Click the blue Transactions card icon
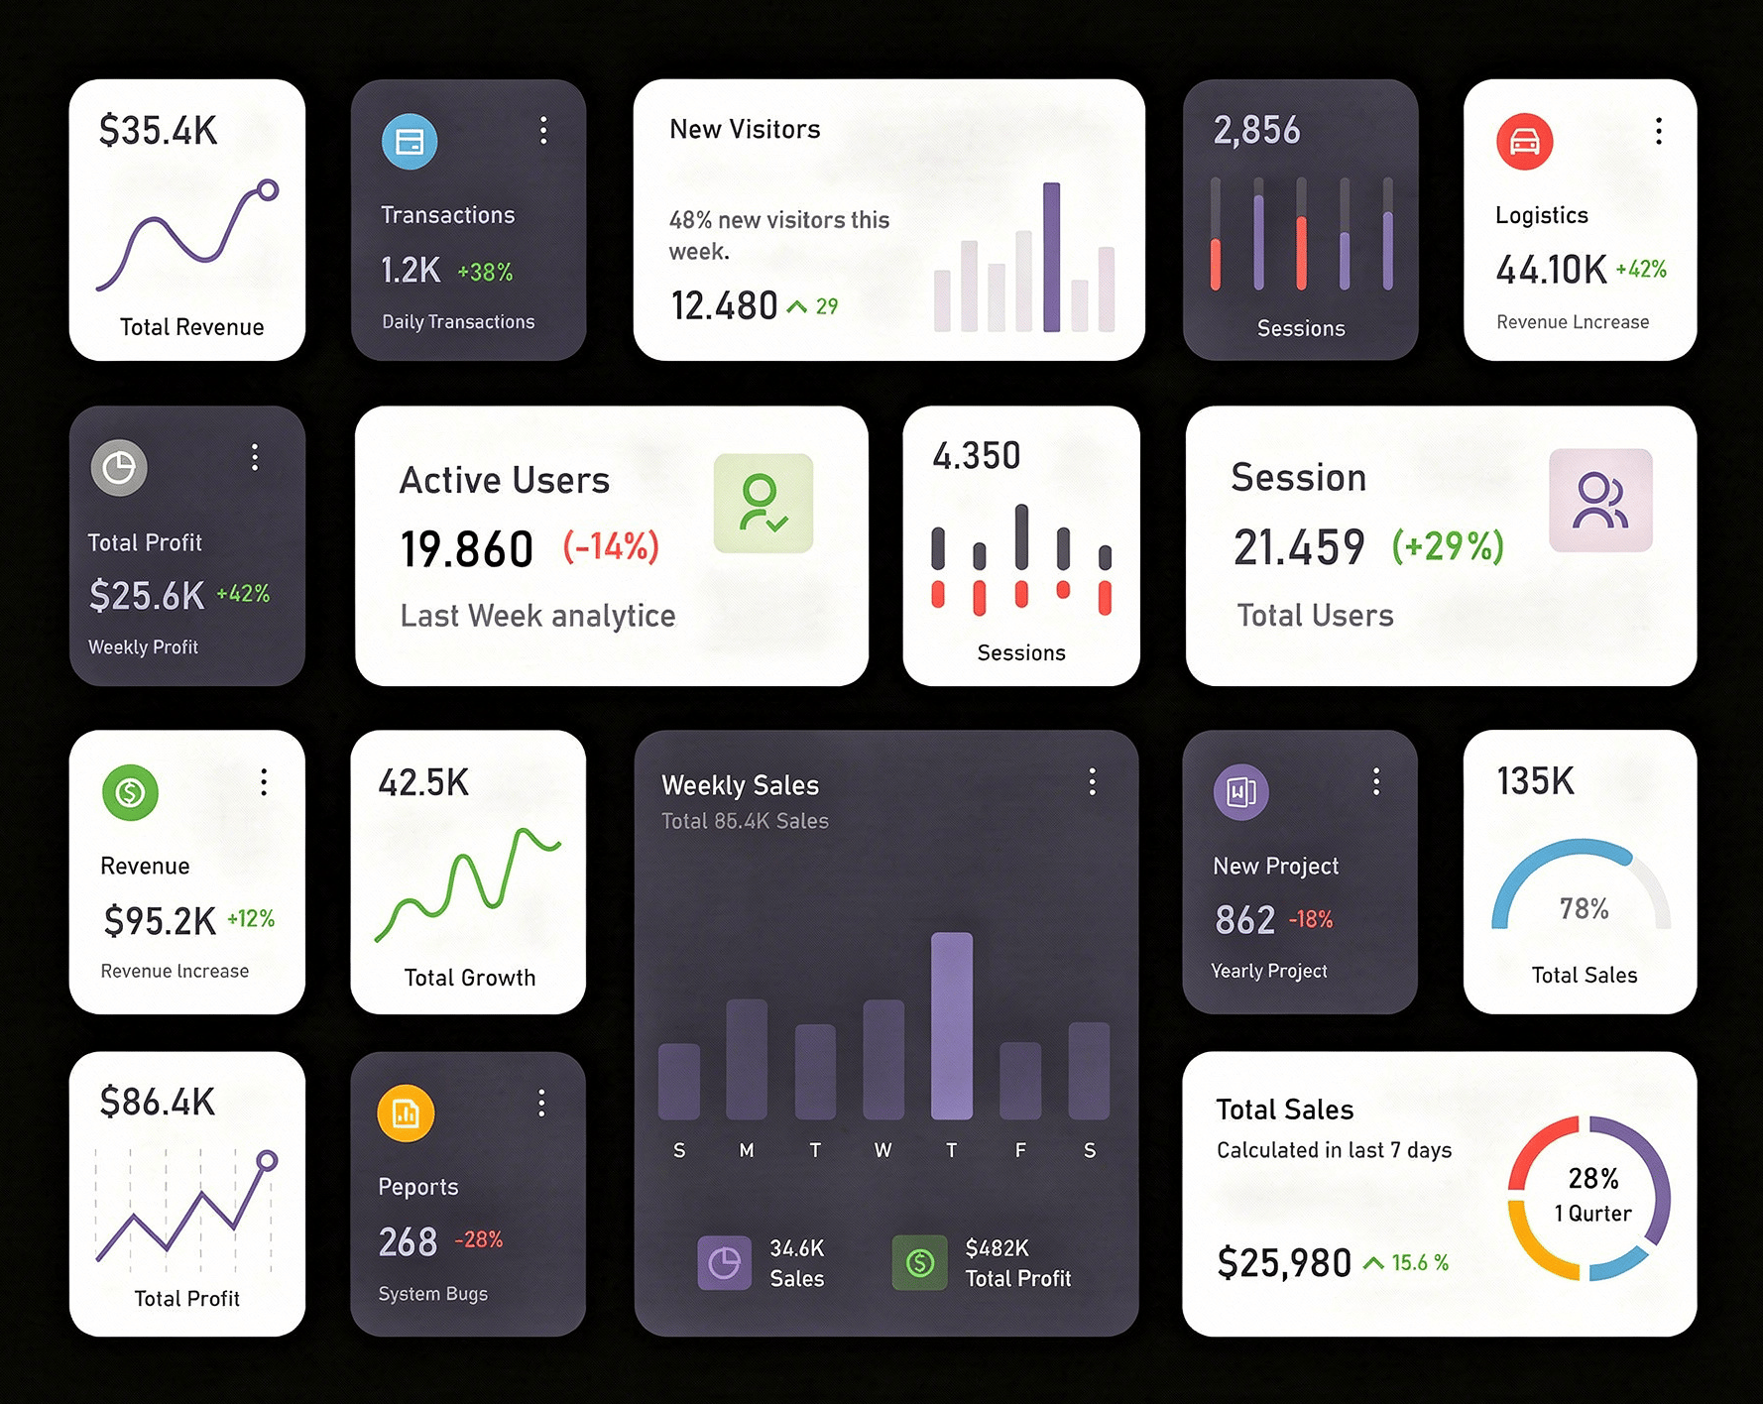point(410,142)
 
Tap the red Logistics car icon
point(1524,142)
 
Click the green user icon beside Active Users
point(763,503)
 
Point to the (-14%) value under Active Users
point(611,546)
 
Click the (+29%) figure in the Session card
point(1448,545)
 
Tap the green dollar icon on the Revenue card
point(130,792)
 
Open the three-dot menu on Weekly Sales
point(1092,781)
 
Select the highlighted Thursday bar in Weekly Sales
point(951,1025)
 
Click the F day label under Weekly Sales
point(1020,1150)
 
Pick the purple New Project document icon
point(1240,792)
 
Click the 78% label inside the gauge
point(1584,908)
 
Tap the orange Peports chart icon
point(406,1113)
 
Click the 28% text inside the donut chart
point(1592,1178)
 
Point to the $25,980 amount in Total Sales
point(1283,1263)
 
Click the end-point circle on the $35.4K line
point(268,189)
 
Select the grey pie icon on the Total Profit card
point(119,467)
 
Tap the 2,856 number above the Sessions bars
point(1256,130)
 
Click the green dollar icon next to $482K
point(919,1262)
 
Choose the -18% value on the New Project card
point(1310,919)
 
